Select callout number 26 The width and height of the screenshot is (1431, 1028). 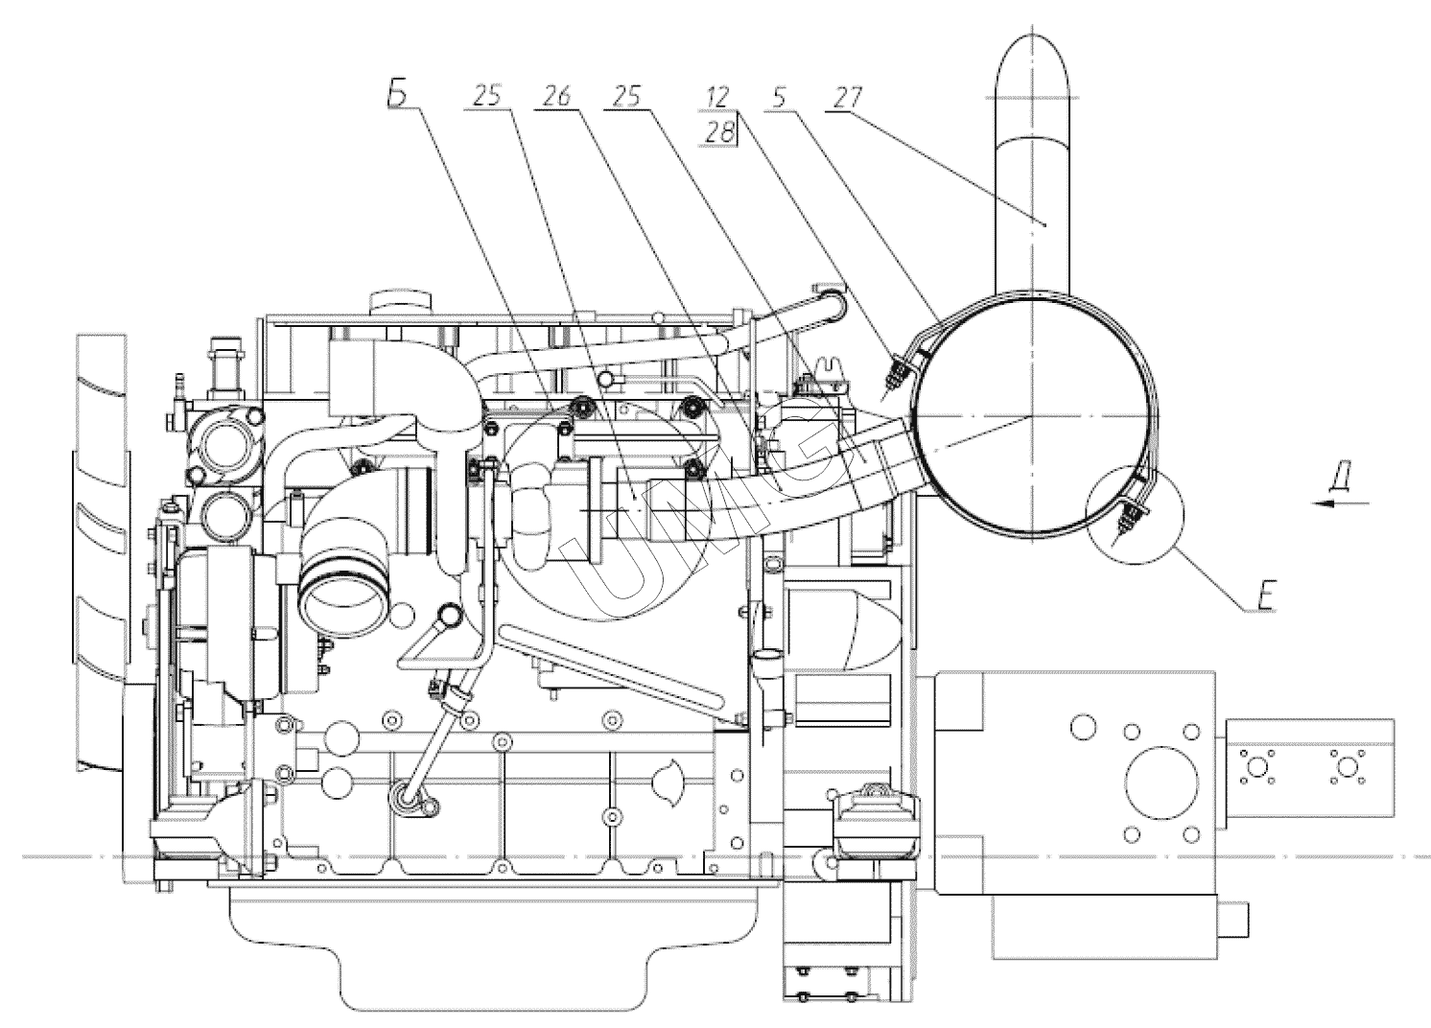[557, 96]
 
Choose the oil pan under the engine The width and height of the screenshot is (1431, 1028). [499, 945]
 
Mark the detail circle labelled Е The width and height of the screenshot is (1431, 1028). [1136, 510]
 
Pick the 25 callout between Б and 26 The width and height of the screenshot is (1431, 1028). [488, 96]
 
